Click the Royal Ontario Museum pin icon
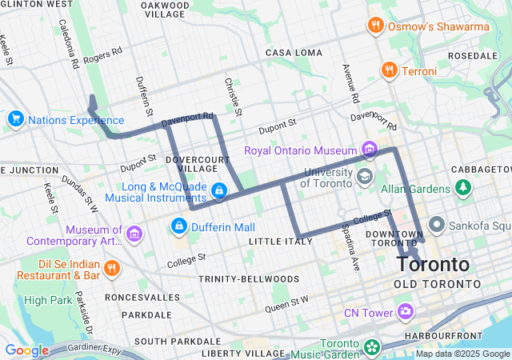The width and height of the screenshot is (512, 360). click(x=368, y=150)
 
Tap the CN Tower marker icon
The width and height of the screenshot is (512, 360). click(x=406, y=311)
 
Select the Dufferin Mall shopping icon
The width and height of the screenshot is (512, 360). click(x=179, y=227)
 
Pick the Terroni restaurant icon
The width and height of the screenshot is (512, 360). click(x=390, y=71)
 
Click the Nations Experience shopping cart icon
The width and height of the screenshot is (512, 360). click(x=14, y=120)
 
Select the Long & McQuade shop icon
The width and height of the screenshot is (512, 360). click(x=218, y=190)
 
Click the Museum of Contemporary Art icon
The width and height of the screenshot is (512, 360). click(x=134, y=234)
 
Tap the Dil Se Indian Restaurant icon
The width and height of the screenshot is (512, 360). click(x=112, y=267)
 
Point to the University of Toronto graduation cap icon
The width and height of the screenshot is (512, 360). click(x=365, y=176)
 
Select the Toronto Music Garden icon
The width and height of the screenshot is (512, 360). click(x=371, y=348)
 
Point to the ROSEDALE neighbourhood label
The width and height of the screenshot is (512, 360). click(x=473, y=56)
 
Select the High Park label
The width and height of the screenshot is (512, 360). click(x=48, y=300)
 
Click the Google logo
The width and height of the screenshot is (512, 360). click(x=26, y=350)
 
